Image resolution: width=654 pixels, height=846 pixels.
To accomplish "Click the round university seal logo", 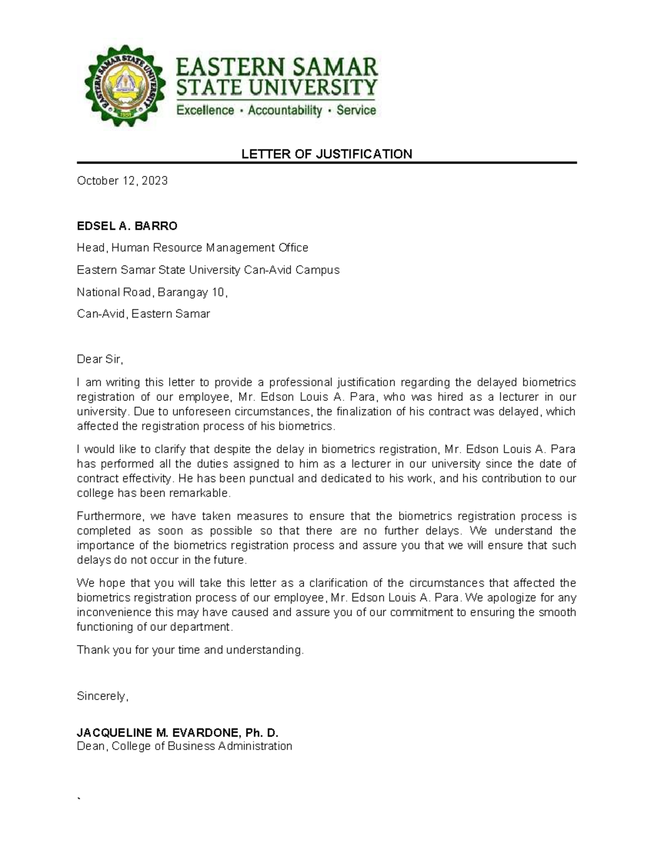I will (124, 86).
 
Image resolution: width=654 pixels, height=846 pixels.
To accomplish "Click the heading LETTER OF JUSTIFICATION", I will (326, 154).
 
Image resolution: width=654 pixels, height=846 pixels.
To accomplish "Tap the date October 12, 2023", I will (122, 181).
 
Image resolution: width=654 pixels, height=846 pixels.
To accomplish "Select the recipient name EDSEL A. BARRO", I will (127, 226).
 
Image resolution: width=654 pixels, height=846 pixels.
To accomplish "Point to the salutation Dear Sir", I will (100, 360).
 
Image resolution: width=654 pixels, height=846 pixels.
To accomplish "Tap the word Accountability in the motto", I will (284, 111).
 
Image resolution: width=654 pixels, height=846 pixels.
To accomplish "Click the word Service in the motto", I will (356, 111).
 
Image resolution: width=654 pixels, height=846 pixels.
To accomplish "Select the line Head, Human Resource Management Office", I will (192, 248).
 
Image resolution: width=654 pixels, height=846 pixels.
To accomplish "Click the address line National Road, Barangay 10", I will (152, 293).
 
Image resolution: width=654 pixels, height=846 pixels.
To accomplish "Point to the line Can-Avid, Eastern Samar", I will (143, 314).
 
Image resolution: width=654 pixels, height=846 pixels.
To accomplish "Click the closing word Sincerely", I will (102, 696).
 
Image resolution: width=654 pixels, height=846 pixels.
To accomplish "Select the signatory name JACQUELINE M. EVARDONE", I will (158, 733).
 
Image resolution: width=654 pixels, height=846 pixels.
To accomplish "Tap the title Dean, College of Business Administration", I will (184, 746).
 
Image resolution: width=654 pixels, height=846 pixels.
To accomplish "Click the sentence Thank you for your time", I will (190, 650).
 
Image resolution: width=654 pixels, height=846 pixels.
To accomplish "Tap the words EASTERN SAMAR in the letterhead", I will (276, 68).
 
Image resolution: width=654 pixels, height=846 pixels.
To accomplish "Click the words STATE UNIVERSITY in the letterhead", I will (276, 88).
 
